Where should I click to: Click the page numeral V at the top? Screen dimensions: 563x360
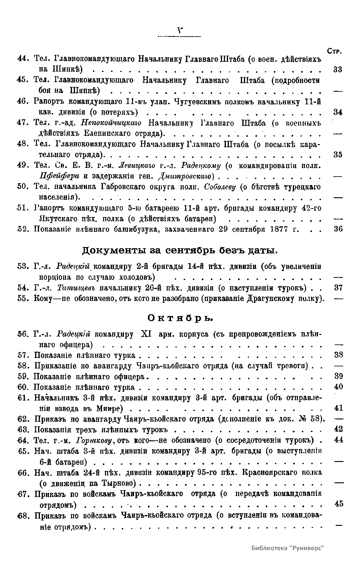click(x=180, y=30)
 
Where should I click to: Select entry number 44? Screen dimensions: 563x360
click(x=23, y=59)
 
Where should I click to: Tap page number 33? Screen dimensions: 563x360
click(x=338, y=70)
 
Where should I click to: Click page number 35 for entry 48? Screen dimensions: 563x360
click(x=338, y=155)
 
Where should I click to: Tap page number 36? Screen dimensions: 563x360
click(x=338, y=229)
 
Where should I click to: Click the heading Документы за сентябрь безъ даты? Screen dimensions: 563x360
click(x=180, y=250)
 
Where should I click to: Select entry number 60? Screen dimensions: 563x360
click(x=23, y=387)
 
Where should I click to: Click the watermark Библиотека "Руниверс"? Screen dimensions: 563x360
click(x=288, y=548)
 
